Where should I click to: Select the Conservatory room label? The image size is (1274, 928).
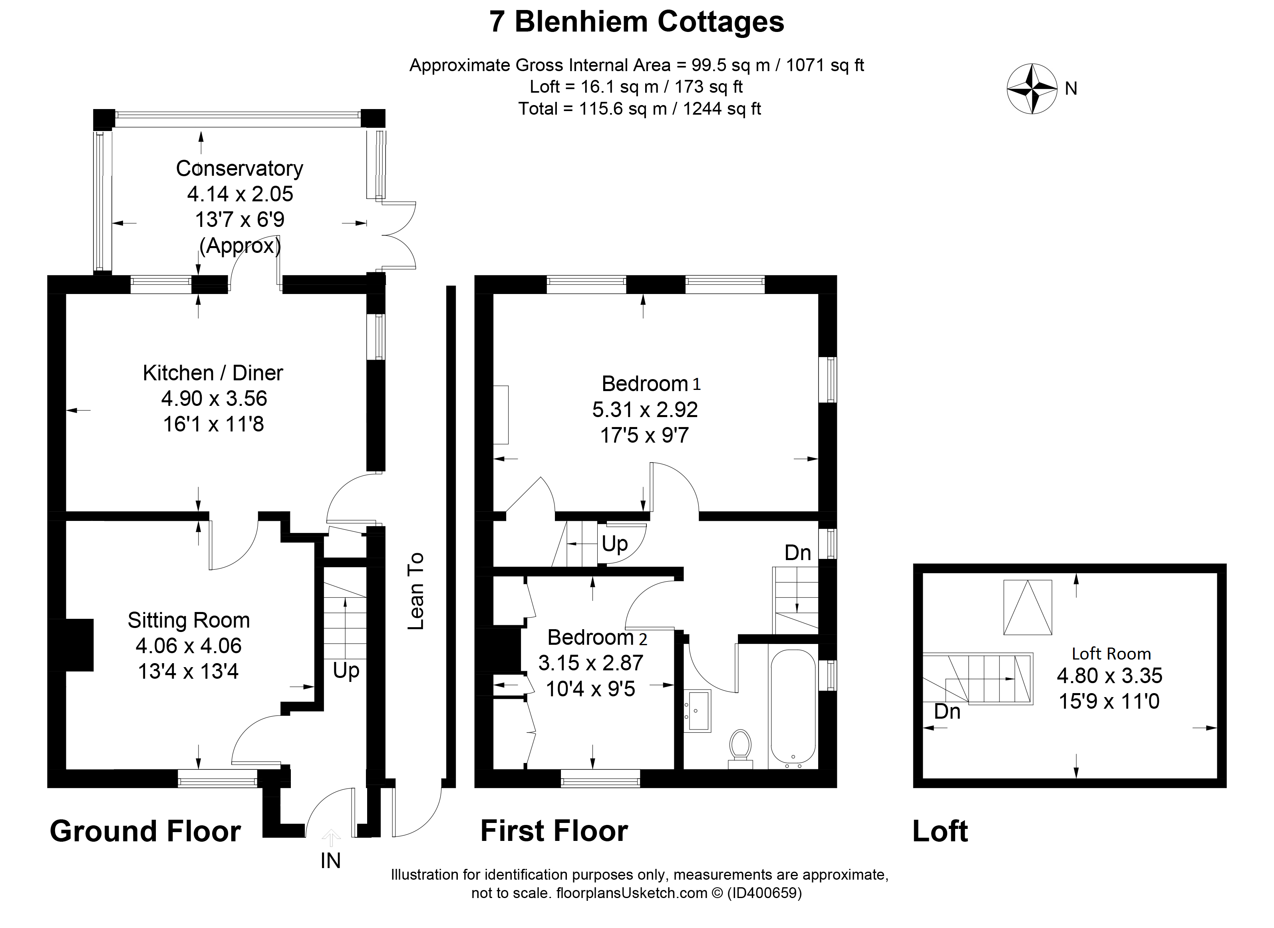pyautogui.click(x=239, y=169)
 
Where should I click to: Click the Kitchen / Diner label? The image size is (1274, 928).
pyautogui.click(x=213, y=373)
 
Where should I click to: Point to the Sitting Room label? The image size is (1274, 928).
pyautogui.click(x=189, y=620)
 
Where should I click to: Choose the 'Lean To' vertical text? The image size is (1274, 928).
pyautogui.click(x=416, y=591)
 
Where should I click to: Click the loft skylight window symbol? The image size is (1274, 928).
pyautogui.click(x=1028, y=607)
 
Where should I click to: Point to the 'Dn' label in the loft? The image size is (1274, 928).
pyautogui.click(x=947, y=712)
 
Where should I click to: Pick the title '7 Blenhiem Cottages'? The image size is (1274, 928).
pyautogui.click(x=636, y=22)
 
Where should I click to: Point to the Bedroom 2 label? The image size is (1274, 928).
pyautogui.click(x=597, y=638)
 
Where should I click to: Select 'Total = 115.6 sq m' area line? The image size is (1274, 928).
pyautogui.click(x=639, y=108)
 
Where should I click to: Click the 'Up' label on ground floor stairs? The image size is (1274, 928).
pyautogui.click(x=346, y=671)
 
